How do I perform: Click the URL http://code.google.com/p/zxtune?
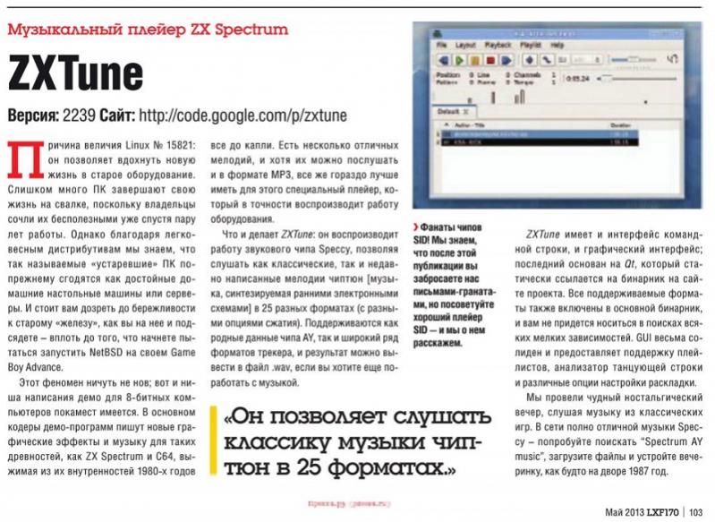(241, 116)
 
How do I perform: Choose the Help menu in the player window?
(558, 44)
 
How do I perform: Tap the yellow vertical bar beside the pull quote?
(213, 444)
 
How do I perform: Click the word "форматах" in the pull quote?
(382, 466)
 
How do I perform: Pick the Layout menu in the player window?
(465, 44)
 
